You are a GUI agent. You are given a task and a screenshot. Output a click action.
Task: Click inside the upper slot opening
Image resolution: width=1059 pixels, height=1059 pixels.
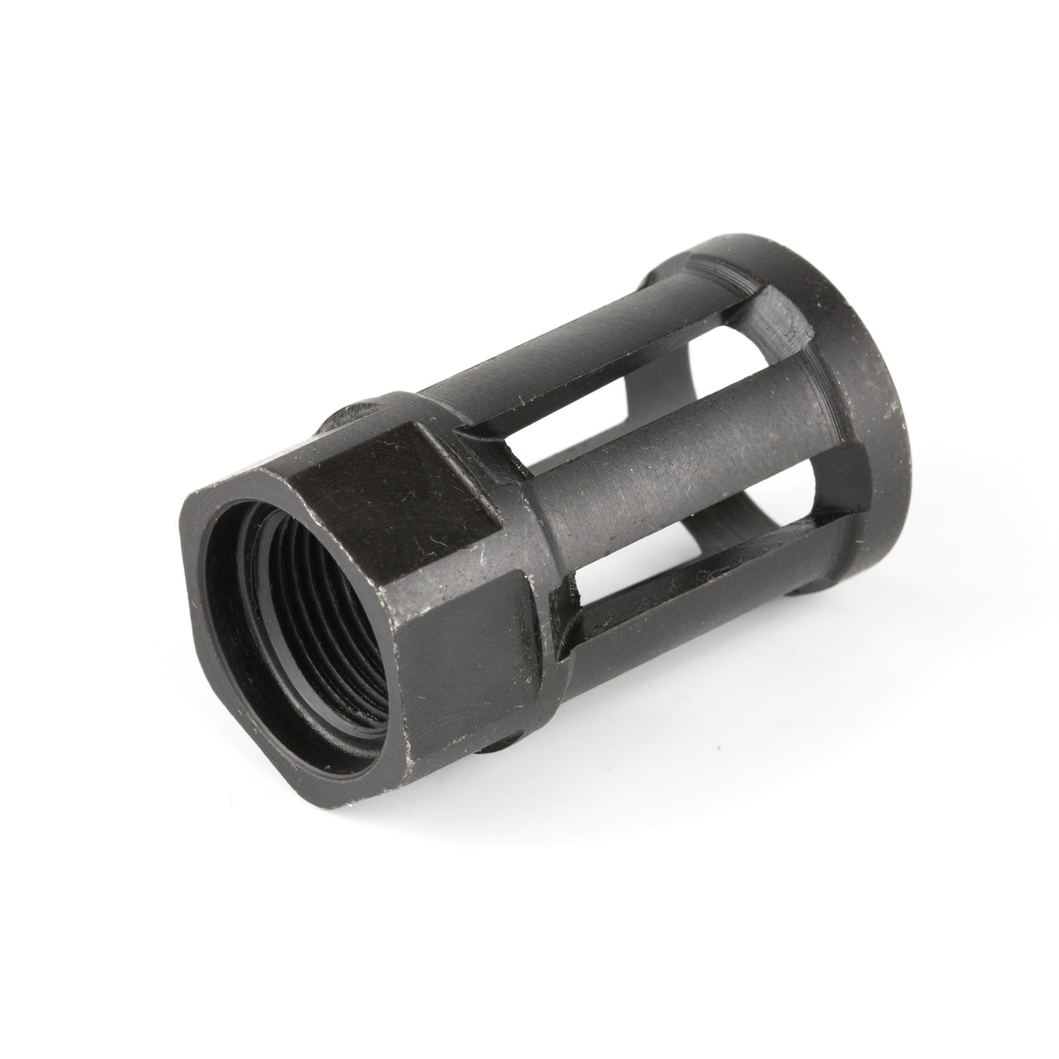pyautogui.click(x=630, y=381)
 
